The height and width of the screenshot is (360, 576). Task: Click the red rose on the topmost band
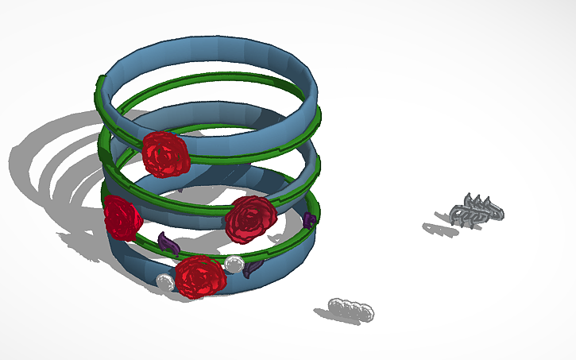(x=166, y=153)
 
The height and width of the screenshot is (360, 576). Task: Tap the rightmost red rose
(x=250, y=219)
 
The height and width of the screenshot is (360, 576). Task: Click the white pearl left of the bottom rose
(x=165, y=281)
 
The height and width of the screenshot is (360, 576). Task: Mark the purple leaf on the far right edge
(x=310, y=220)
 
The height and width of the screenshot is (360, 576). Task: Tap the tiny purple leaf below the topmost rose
(x=180, y=189)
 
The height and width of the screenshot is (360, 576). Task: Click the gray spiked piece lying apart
(x=476, y=210)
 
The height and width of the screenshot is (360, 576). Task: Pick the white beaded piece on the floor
(x=352, y=308)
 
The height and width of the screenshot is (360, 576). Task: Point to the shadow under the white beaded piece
(x=334, y=316)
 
